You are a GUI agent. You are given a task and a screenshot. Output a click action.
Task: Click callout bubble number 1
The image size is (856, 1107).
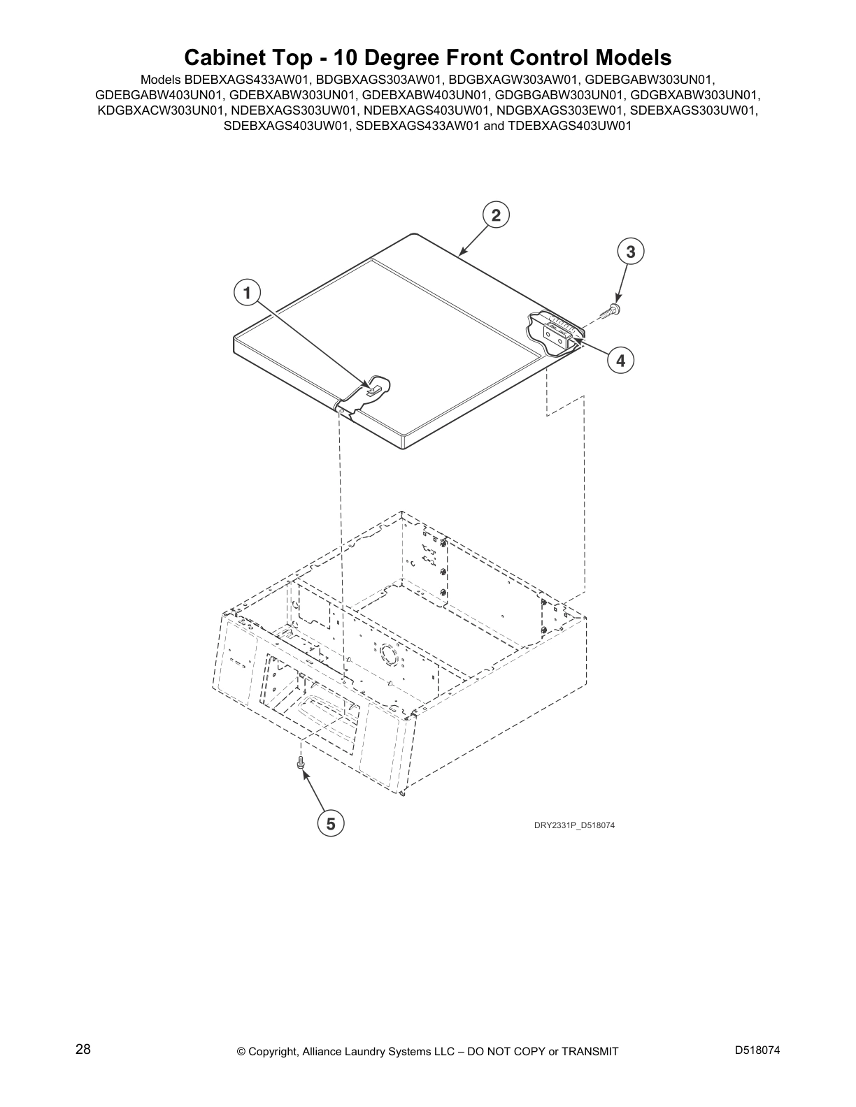coord(246,293)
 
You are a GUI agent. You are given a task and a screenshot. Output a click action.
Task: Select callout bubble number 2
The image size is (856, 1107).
coord(495,215)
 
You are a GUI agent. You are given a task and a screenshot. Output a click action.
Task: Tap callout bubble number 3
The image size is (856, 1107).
coord(630,252)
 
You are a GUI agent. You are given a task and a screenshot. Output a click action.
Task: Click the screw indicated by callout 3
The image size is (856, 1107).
coord(615,309)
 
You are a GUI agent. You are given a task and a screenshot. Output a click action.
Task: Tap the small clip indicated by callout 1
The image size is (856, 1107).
coord(374,388)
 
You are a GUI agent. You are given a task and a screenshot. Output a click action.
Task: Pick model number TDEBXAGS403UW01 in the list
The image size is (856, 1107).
coord(571,126)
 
